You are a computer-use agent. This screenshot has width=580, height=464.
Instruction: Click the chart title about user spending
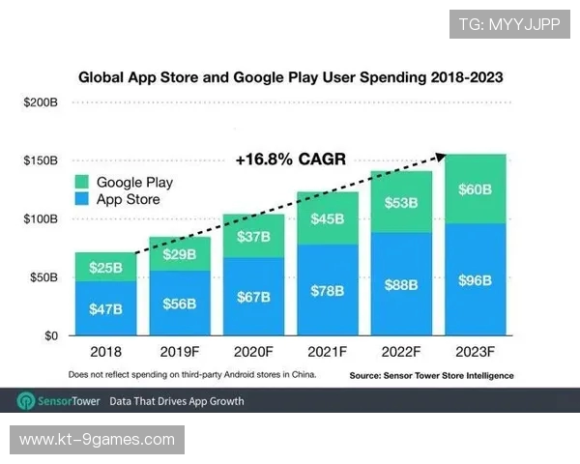coord(290,75)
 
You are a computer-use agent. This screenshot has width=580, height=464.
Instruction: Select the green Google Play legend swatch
coord(82,182)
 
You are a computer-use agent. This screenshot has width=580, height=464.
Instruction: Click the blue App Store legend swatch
coord(82,200)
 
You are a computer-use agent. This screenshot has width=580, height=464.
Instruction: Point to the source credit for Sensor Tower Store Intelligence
coord(430,375)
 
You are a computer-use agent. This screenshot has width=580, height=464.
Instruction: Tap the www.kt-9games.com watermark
coord(97,440)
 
